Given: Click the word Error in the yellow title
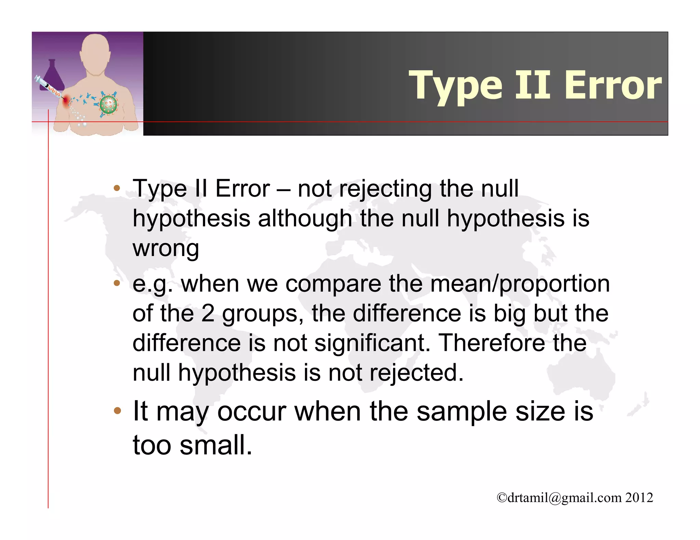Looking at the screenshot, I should pos(612,85).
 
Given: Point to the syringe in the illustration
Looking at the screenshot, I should pos(48,87).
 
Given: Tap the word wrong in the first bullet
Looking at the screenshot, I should pos(166,248).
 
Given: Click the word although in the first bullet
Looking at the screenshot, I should pos(305,218).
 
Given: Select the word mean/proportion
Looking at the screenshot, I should pos(520,284).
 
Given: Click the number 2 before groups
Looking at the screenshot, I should pos(208,313).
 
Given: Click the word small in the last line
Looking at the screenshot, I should pos(216,445).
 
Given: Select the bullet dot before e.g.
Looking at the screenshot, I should pos(117,283).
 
